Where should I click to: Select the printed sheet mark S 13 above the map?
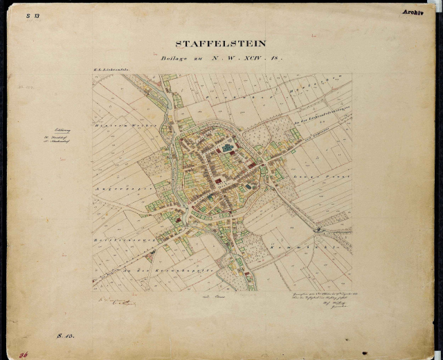[x=33, y=15]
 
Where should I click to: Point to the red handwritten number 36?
[x=24, y=353]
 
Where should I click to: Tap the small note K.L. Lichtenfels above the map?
[x=109, y=71]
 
